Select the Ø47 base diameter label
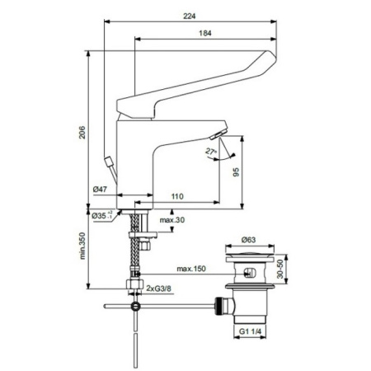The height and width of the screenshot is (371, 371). coord(101,190)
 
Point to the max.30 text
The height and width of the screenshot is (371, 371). coord(172,220)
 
